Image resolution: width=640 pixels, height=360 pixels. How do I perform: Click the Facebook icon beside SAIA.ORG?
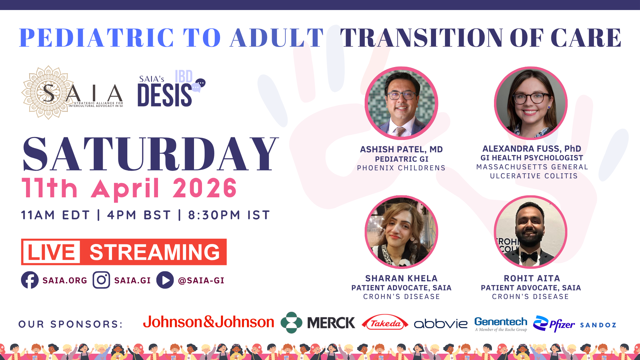pyautogui.click(x=30, y=280)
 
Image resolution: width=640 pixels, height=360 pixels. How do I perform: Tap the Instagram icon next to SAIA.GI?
pyautogui.click(x=101, y=280)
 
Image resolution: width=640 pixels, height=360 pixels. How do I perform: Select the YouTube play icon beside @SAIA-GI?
pyautogui.click(x=165, y=280)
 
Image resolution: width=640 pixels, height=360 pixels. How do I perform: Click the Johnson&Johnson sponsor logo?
pyautogui.click(x=209, y=322)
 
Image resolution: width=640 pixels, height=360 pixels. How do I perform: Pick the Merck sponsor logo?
pyautogui.click(x=318, y=323)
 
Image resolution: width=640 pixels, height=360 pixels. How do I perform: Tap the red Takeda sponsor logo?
pyautogui.click(x=385, y=323)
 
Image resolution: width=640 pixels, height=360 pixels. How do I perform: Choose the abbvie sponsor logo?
pyautogui.click(x=441, y=324)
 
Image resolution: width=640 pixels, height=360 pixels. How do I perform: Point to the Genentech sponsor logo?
pyautogui.click(x=501, y=324)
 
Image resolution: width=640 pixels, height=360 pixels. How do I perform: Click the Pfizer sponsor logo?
pyautogui.click(x=554, y=324)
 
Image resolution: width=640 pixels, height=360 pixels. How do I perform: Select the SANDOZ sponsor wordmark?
pyautogui.click(x=598, y=325)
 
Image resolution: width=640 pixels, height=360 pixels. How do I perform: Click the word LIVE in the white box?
pyautogui.click(x=51, y=252)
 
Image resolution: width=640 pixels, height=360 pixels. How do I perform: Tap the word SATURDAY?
pyautogui.click(x=150, y=154)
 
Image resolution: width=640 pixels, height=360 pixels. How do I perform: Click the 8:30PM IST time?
pyautogui.click(x=229, y=215)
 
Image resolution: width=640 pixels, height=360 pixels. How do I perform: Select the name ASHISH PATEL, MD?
pyautogui.click(x=401, y=149)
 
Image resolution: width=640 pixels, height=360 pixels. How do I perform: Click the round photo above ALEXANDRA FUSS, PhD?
pyautogui.click(x=531, y=103)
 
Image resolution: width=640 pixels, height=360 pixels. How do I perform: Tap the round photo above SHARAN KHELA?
pyautogui.click(x=401, y=232)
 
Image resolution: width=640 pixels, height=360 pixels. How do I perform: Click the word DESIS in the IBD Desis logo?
pyautogui.click(x=165, y=95)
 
